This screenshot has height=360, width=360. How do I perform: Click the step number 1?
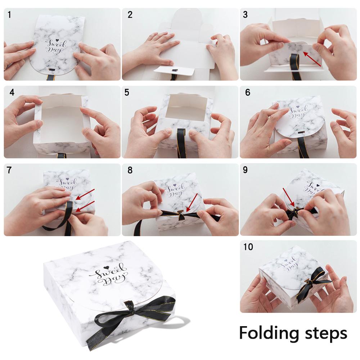[x=9, y=15]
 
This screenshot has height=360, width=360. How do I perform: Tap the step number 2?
[x=130, y=15]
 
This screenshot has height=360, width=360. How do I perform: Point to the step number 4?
[x=12, y=92]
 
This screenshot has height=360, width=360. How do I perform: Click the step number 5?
[x=127, y=92]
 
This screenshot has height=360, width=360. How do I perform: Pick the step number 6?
[x=248, y=92]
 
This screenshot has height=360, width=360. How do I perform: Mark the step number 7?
[x=9, y=170]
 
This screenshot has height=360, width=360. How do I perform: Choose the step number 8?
[x=130, y=170]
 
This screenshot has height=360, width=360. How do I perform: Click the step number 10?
[x=248, y=247]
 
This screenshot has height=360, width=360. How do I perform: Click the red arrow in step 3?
[x=312, y=59]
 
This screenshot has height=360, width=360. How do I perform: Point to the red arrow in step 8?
[x=193, y=203]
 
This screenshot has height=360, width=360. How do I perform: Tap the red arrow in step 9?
[x=288, y=197]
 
